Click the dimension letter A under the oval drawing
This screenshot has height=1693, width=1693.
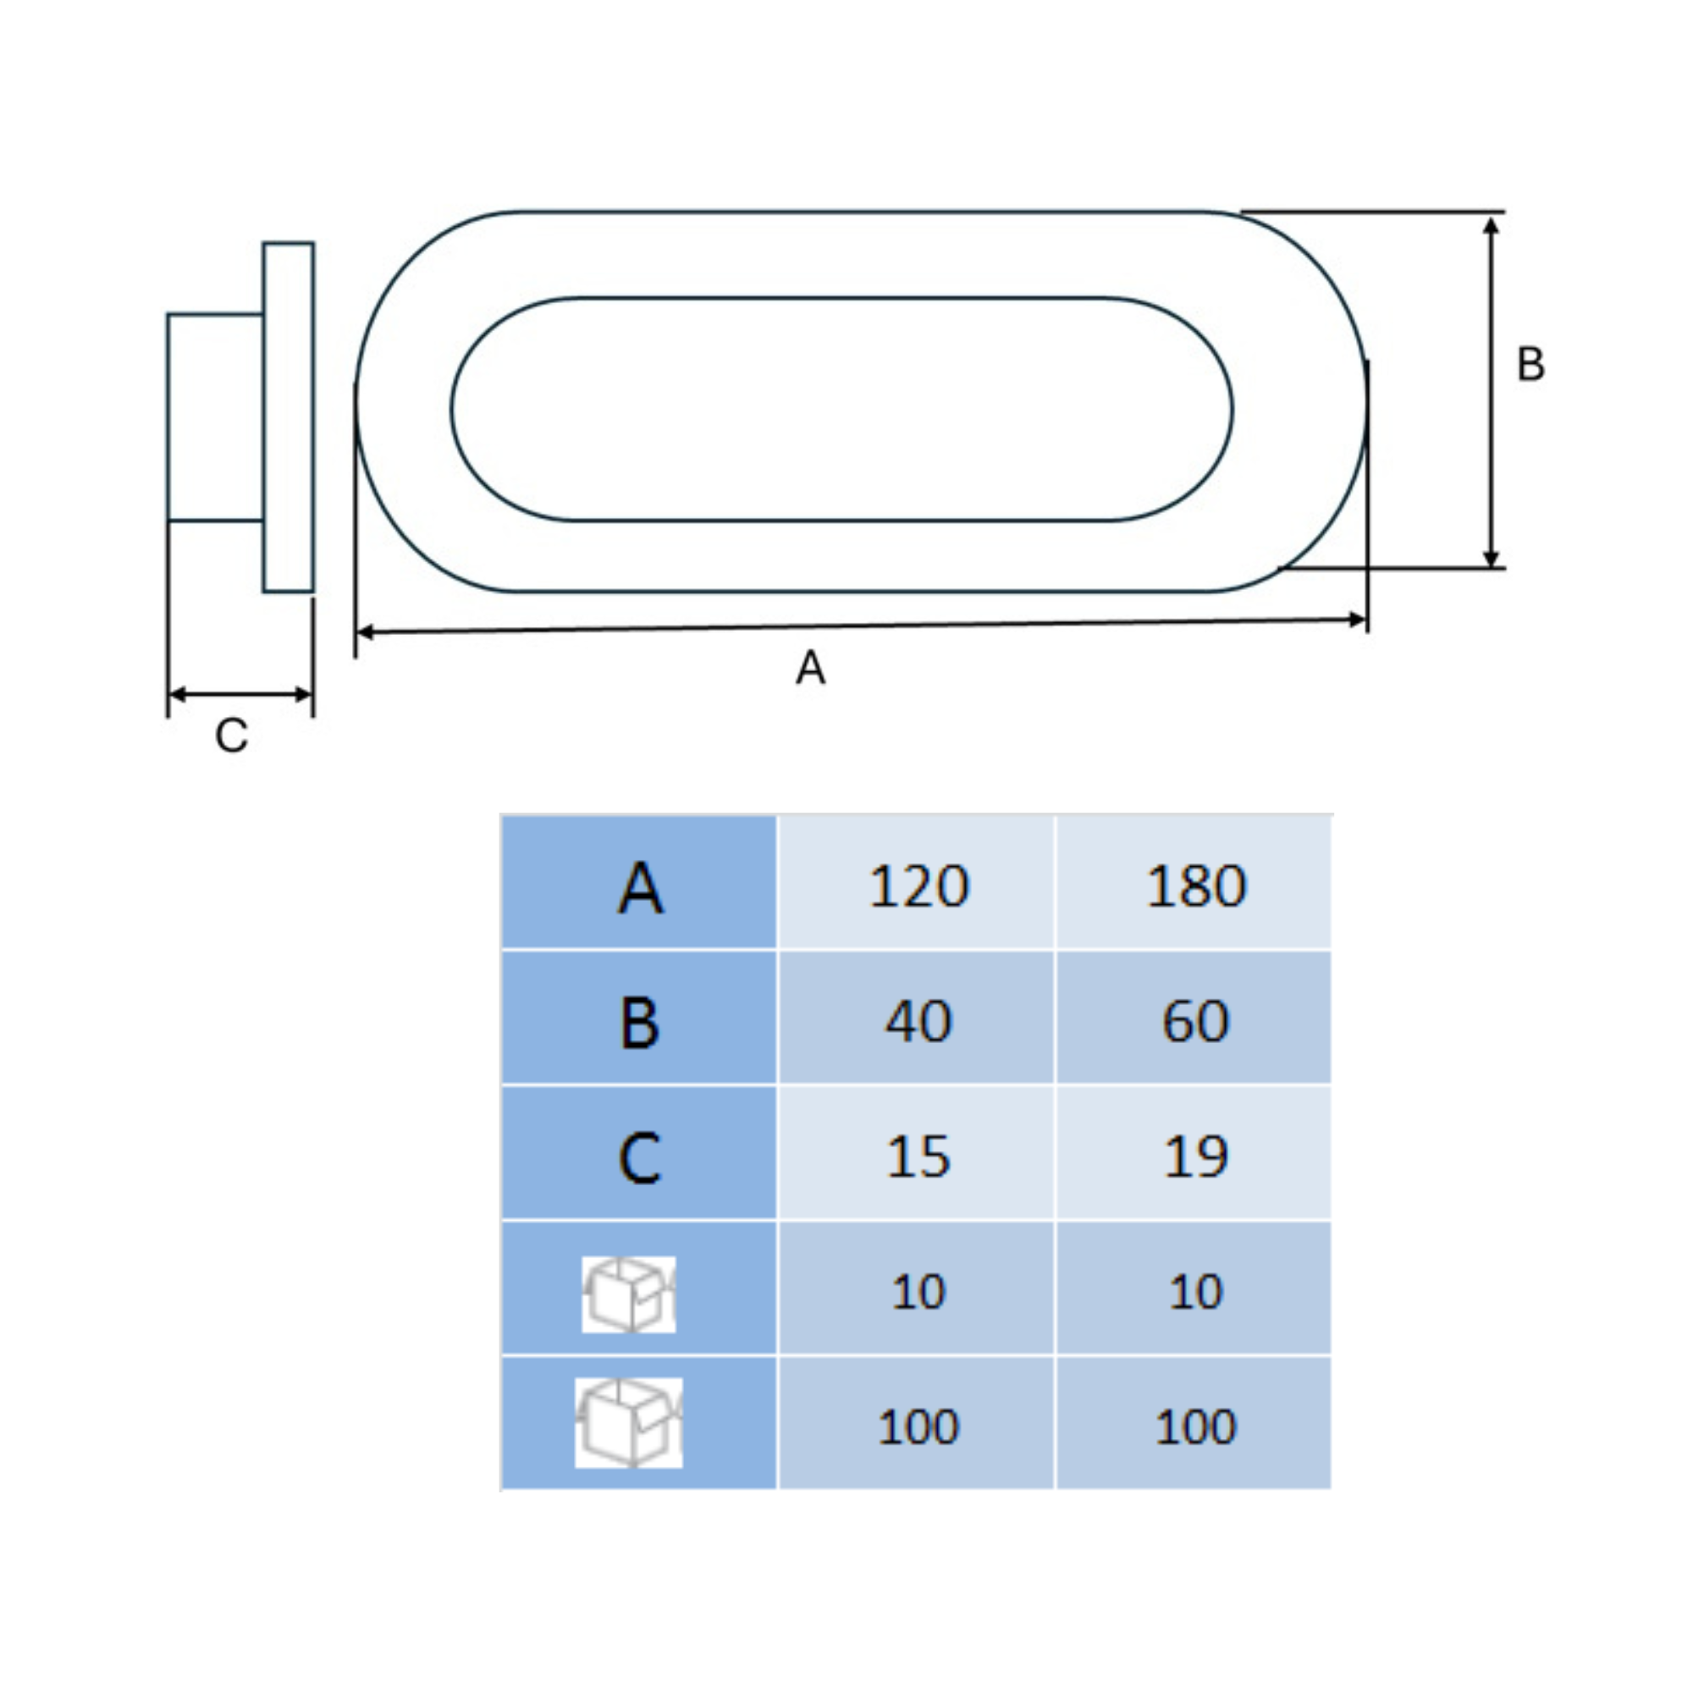click(x=811, y=668)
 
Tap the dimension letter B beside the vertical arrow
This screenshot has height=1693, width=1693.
click(x=1530, y=364)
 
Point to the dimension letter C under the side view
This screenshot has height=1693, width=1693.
click(x=231, y=736)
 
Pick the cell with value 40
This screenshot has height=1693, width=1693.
click(x=918, y=1020)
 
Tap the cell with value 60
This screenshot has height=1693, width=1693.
click(x=1195, y=1020)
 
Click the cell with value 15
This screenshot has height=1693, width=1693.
click(x=918, y=1155)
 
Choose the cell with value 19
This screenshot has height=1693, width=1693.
click(x=1195, y=1155)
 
